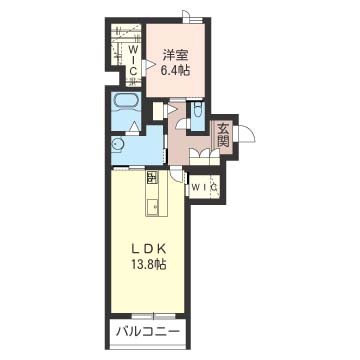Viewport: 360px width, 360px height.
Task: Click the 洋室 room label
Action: coord(176,56)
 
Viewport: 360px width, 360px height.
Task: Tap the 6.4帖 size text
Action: coord(175,71)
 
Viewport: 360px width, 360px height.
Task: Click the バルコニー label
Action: coord(148,332)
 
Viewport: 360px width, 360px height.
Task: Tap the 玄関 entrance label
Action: coord(223,135)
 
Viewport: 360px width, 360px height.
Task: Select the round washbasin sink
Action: coord(116,145)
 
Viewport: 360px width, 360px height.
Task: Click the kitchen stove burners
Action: coord(152,177)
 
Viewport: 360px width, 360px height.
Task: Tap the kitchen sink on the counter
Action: coord(152,208)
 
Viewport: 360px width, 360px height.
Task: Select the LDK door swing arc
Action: coord(176,177)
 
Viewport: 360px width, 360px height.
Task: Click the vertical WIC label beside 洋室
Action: coord(133,61)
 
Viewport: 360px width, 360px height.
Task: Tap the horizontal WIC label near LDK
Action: coord(204,187)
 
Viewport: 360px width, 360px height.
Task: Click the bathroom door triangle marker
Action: coord(134,127)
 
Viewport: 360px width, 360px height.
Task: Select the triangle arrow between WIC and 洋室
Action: coord(149,65)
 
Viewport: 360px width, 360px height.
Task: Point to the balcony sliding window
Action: coord(154,316)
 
